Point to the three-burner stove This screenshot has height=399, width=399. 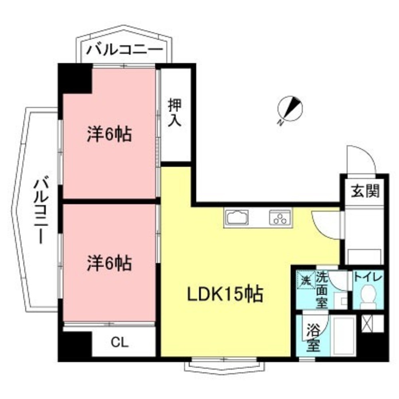(280, 218)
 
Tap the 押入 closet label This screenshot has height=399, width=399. (174, 113)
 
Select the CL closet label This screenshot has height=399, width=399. (120, 343)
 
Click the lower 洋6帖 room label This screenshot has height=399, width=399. (109, 263)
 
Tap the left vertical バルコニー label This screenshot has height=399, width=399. (41, 211)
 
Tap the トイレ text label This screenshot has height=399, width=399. (367, 277)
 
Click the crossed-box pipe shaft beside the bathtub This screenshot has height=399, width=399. (372, 323)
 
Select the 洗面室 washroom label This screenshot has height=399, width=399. (322, 289)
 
